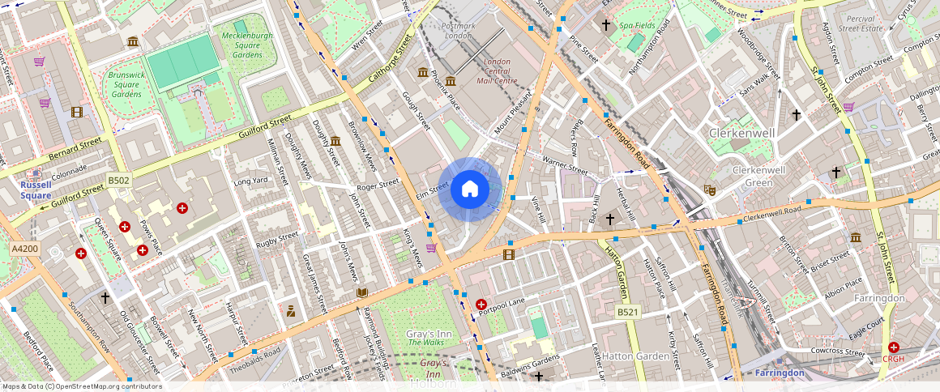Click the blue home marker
pyautogui.click(x=470, y=190)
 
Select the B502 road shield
pyautogui.click(x=119, y=181)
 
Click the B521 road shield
pyautogui.click(x=628, y=312)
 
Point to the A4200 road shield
pyautogui.click(x=25, y=249)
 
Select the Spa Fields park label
pyautogui.click(x=637, y=26)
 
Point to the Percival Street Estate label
pyautogui.click(x=860, y=23)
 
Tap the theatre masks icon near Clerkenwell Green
pyautogui.click(x=711, y=190)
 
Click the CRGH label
pyautogui.click(x=893, y=360)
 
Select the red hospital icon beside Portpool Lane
pyautogui.click(x=481, y=305)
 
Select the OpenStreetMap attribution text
pyautogui.click(x=81, y=386)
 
